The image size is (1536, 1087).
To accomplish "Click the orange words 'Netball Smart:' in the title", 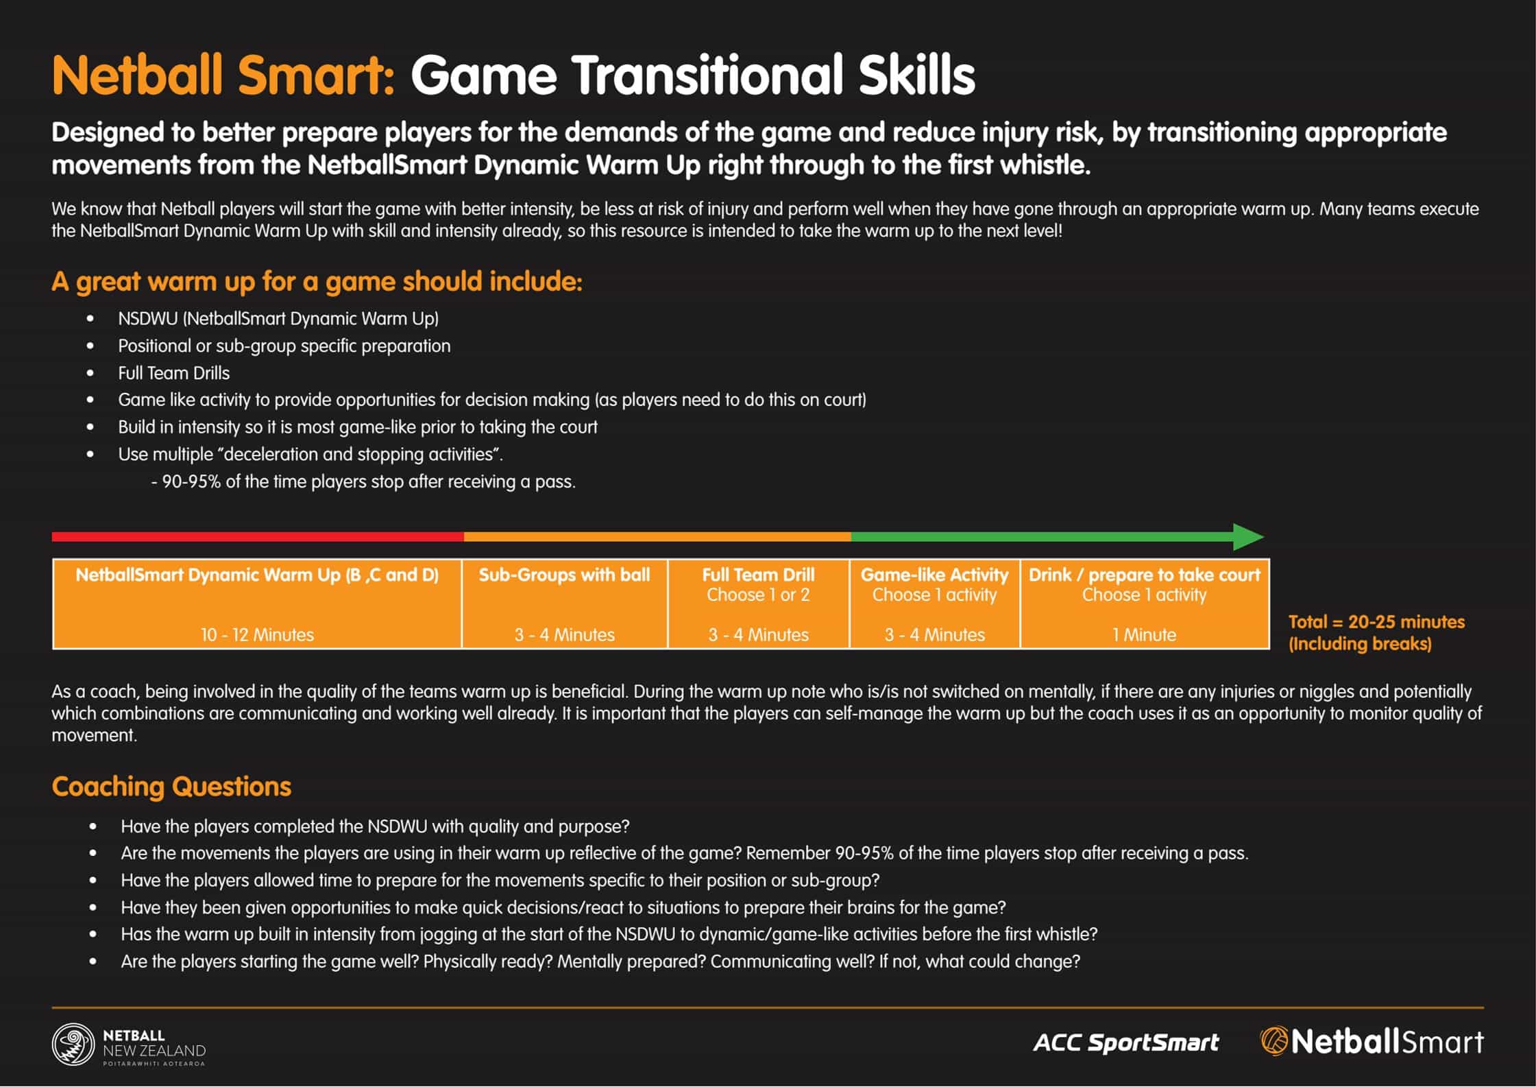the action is click(x=223, y=75).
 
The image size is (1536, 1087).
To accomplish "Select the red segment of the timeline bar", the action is click(x=258, y=537).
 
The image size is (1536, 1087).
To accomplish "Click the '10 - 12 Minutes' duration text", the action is click(x=257, y=635).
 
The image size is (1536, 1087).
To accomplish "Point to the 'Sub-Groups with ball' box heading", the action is click(x=564, y=575).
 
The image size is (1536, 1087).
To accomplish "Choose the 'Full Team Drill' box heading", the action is click(x=758, y=575).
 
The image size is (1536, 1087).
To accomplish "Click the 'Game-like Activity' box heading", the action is click(x=934, y=575).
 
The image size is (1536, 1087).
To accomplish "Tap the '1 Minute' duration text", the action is click(x=1144, y=635).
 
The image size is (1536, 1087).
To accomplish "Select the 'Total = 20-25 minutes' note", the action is click(x=1376, y=622).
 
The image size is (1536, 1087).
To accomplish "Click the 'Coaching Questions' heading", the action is click(x=171, y=787).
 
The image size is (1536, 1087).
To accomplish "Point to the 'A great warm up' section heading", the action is click(x=317, y=282).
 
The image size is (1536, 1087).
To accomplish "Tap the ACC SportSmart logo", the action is click(x=1126, y=1043).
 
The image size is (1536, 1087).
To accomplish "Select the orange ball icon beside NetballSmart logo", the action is click(x=1274, y=1041).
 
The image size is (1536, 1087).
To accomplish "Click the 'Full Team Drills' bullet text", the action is click(x=174, y=373).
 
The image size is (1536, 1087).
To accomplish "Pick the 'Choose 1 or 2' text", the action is click(x=758, y=595).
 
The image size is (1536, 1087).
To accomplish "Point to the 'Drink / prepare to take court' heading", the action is click(x=1144, y=575).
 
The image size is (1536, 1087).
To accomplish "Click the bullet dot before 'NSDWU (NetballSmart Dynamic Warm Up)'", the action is click(x=90, y=319).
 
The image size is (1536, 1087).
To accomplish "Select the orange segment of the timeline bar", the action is click(x=657, y=537).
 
